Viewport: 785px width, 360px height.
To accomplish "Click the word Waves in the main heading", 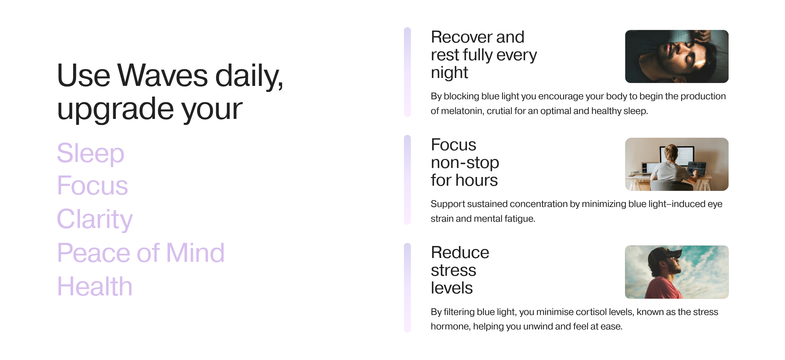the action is [x=163, y=75].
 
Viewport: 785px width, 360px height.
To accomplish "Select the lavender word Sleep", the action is [x=90, y=153].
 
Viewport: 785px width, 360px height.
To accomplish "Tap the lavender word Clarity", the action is [x=95, y=220].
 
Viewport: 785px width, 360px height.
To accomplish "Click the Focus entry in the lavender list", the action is [x=92, y=186].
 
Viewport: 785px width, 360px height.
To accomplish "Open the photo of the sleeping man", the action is [x=677, y=56].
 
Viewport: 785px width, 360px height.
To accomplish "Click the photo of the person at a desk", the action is [x=677, y=164].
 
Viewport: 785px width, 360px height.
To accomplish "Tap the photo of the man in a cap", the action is [x=677, y=272].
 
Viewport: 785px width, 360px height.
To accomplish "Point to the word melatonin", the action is [x=462, y=111].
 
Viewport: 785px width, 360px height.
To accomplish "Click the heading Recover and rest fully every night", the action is [x=484, y=55].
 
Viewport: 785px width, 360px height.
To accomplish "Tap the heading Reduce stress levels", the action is [x=460, y=270].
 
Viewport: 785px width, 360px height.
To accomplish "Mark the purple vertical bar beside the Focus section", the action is [x=407, y=180].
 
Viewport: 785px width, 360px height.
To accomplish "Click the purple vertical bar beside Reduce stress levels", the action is [x=407, y=287].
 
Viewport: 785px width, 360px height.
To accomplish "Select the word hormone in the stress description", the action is [x=450, y=326].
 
